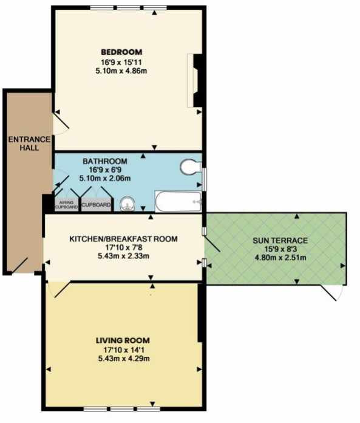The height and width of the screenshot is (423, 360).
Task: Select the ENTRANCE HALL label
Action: click(x=24, y=143)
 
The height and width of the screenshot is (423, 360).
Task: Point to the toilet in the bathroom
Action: click(x=189, y=167)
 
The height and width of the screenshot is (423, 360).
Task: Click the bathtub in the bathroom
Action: click(x=178, y=201)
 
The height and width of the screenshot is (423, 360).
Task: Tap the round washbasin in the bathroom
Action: click(x=127, y=204)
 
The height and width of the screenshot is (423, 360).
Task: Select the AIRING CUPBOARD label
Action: click(x=66, y=205)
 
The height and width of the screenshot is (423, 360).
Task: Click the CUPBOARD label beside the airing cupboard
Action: click(x=96, y=205)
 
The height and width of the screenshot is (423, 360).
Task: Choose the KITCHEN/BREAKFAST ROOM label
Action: click(x=123, y=239)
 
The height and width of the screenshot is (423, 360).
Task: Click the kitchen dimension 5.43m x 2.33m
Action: click(x=123, y=256)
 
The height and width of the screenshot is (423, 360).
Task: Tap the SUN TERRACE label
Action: click(x=280, y=241)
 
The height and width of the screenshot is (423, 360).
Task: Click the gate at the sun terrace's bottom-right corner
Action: click(x=333, y=293)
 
